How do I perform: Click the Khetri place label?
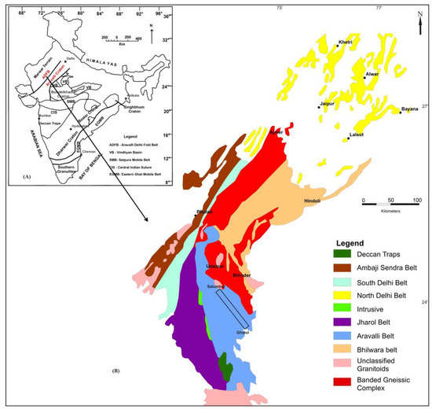coord(345,42)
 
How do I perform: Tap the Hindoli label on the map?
coord(313,201)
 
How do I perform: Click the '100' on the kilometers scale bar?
coord(416,201)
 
